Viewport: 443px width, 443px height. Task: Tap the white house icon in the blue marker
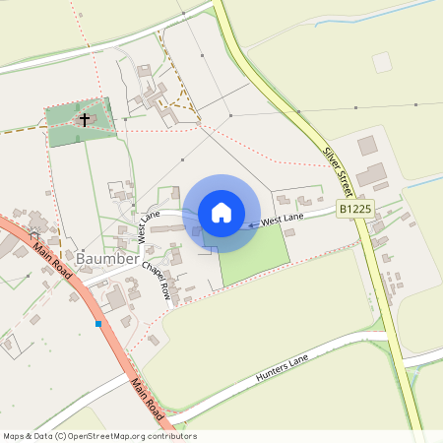coord(221,213)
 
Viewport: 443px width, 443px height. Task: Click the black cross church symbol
coord(85,120)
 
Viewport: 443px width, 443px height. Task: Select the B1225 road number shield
coord(355,209)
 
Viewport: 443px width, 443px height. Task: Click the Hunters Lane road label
coord(283,370)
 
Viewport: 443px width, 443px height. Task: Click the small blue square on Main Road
coord(98,323)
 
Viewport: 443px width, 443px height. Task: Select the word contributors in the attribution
coord(172,436)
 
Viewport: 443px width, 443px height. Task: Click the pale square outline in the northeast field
coord(382,62)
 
